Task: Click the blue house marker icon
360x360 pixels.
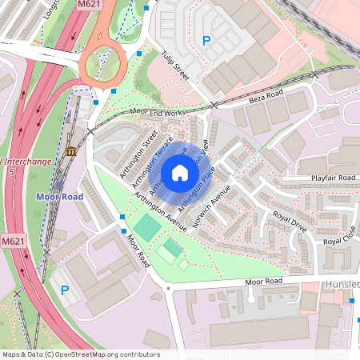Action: (180, 173)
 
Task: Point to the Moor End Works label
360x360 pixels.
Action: (158, 113)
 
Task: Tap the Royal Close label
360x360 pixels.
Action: (339, 234)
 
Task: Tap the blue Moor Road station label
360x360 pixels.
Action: (59, 196)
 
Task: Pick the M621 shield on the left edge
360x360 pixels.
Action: (12, 241)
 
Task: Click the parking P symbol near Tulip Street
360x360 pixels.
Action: (206, 41)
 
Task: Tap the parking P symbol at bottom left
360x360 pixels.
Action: (65, 290)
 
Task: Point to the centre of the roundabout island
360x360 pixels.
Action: (102, 61)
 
